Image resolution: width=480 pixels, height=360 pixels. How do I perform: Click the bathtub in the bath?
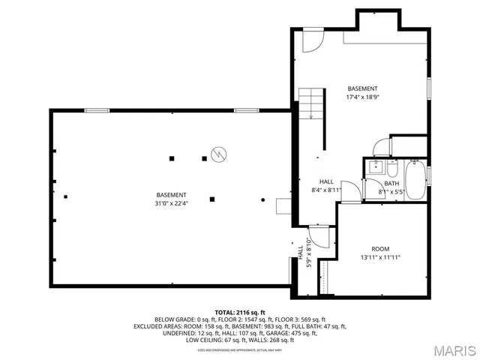[414, 180]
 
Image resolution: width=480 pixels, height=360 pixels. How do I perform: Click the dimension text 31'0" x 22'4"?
[172, 202]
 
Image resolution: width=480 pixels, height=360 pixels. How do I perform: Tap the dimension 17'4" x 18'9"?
[362, 97]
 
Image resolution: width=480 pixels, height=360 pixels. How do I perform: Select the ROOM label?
[380, 248]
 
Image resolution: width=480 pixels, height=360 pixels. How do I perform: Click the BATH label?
[391, 184]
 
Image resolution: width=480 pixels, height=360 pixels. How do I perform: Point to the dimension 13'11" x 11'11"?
[380, 257]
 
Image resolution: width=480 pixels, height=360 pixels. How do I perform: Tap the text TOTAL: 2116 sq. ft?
[240, 311]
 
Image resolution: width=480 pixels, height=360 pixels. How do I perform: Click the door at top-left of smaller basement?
[312, 40]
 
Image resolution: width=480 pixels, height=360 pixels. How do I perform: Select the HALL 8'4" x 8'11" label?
[327, 186]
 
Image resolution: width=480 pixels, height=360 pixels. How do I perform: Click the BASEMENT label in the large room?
[172, 194]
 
